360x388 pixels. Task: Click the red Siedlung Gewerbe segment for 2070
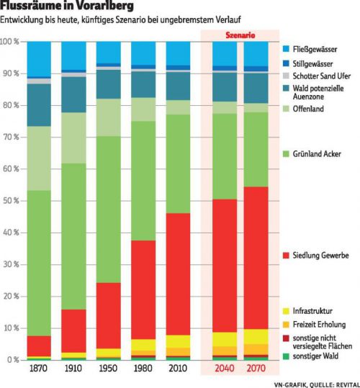pos(256,258)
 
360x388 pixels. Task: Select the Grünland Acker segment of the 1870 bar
pos(39,263)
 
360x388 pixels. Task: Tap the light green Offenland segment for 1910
pos(73,137)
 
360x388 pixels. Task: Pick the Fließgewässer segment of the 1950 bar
pos(109,53)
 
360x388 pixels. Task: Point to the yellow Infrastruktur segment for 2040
pos(225,339)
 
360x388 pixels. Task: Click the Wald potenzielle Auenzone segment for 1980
pos(143,84)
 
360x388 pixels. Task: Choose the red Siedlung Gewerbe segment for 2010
pos(178,274)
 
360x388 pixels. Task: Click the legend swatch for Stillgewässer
pos(286,63)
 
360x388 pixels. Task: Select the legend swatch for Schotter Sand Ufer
pos(286,76)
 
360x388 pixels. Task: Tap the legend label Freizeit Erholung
pos(319,325)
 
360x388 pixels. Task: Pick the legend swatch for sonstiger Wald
pos(286,356)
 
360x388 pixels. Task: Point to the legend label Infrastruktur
pos(312,311)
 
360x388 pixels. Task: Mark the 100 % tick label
pos(9,42)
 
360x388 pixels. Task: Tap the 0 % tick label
pos(13,360)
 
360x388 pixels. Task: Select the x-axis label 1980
pos(143,369)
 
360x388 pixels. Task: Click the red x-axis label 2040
pos(225,369)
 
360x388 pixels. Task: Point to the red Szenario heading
pos(240,35)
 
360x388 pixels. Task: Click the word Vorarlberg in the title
pos(104,6)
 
